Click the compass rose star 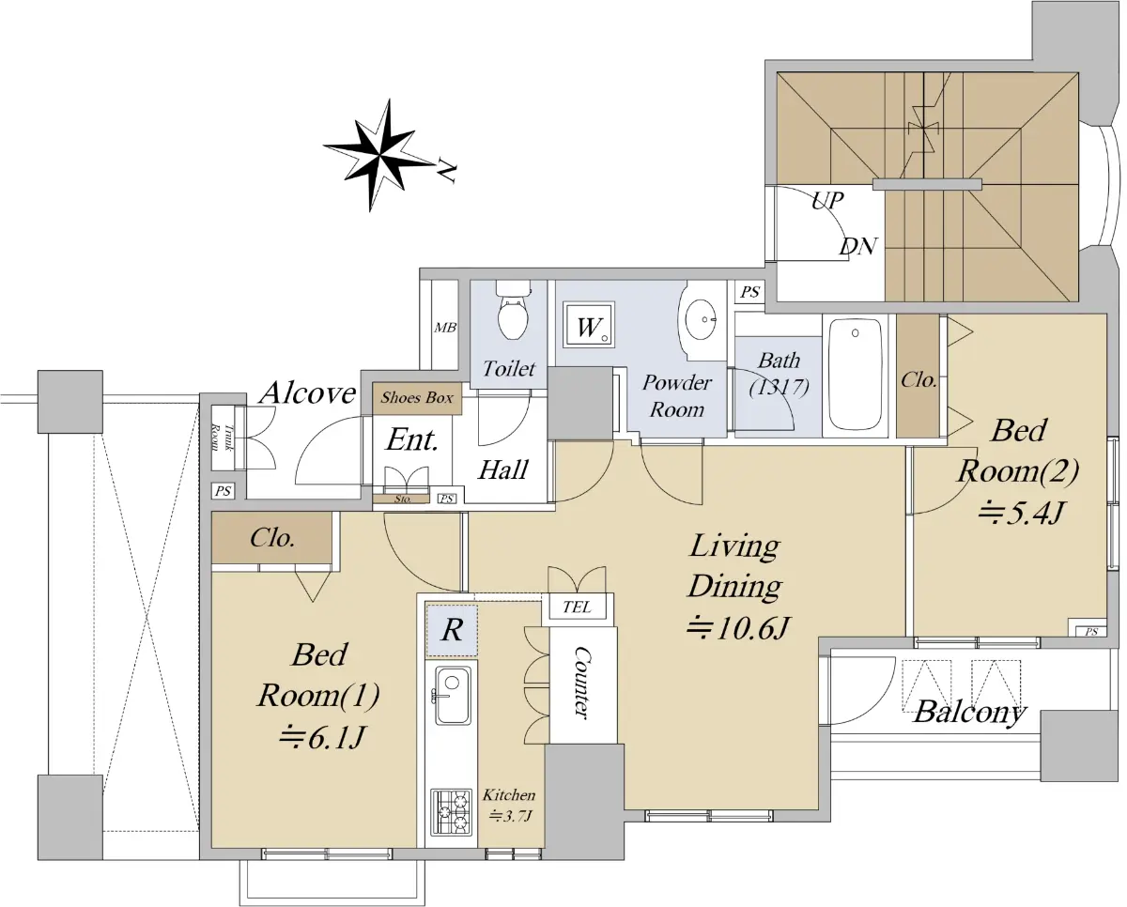(x=378, y=155)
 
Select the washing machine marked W (x=589, y=325)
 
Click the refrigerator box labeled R (x=452, y=631)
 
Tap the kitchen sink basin (x=452, y=696)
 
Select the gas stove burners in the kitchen (x=451, y=811)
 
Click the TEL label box (x=577, y=607)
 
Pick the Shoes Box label (x=417, y=397)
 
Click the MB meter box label (x=444, y=328)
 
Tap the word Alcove (x=308, y=392)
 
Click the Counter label (x=581, y=683)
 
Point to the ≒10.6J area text (x=738, y=627)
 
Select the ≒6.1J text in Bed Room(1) (x=320, y=738)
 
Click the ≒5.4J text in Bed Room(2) (x=1020, y=512)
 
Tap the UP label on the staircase (x=827, y=200)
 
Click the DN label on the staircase (x=858, y=246)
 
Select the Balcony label (x=970, y=714)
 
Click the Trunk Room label (x=215, y=438)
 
